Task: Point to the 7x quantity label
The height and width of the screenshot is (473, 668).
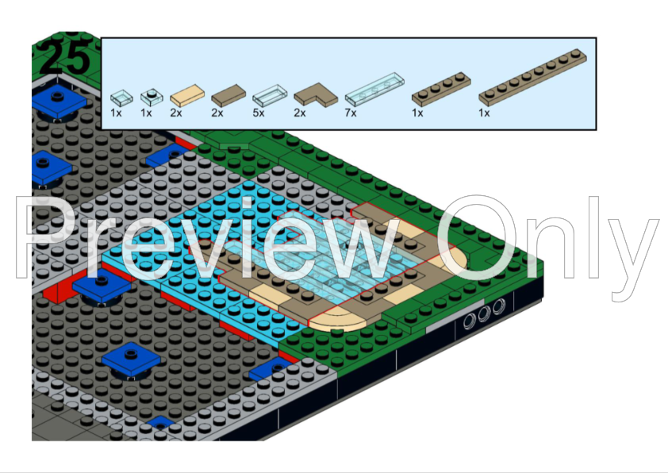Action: tap(351, 113)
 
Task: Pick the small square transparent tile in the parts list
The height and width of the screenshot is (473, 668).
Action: tap(121, 98)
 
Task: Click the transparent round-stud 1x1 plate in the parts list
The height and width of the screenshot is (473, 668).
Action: tap(151, 97)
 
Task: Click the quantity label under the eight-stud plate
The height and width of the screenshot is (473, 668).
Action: tap(485, 113)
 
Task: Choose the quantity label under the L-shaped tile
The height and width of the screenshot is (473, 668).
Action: tap(300, 113)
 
